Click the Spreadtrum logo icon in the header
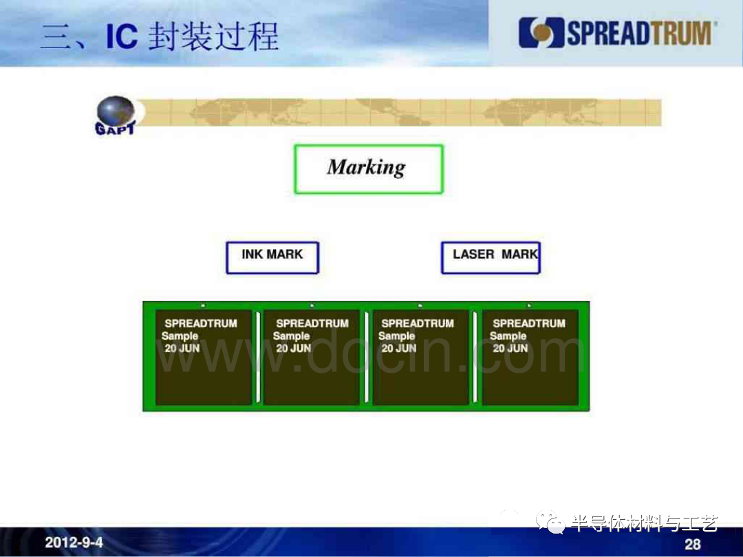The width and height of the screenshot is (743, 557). pyautogui.click(x=541, y=33)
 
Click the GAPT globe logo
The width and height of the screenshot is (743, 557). pyautogui.click(x=116, y=116)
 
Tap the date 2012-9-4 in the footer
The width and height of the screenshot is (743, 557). pyautogui.click(x=74, y=542)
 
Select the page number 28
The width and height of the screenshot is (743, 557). pyautogui.click(x=692, y=544)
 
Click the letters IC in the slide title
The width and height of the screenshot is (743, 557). pyautogui.click(x=122, y=36)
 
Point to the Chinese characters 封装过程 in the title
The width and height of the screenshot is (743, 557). pyautogui.click(x=213, y=36)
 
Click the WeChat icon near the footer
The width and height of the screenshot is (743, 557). pyautogui.click(x=550, y=522)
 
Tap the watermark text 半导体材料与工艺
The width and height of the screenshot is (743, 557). pyautogui.click(x=645, y=523)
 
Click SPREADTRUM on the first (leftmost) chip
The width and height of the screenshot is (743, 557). pyautogui.click(x=201, y=323)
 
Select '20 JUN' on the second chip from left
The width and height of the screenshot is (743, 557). pyautogui.click(x=294, y=348)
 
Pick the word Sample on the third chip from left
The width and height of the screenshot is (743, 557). pyautogui.click(x=397, y=336)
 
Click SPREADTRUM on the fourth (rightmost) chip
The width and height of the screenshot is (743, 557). pyautogui.click(x=529, y=323)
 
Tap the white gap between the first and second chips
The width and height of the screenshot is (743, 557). pyautogui.click(x=258, y=357)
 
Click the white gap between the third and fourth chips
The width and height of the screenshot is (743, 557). pyautogui.click(x=475, y=357)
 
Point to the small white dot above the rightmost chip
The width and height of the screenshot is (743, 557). pyautogui.click(x=529, y=305)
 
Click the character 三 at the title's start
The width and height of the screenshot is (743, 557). pyautogui.click(x=56, y=37)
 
